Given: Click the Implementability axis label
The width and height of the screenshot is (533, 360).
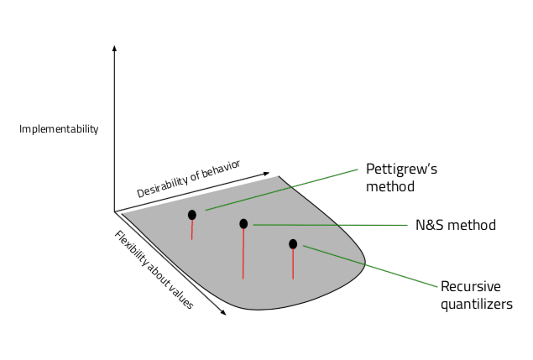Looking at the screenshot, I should coord(59,129).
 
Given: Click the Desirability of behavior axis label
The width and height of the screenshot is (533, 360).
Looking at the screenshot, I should coord(188,178).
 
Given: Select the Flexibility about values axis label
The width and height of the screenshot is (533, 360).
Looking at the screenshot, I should coord(154,269).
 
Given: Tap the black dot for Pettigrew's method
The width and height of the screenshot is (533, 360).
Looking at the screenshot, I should coord(192,215).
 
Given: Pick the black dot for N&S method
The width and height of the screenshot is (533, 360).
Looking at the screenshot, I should coord(243,224).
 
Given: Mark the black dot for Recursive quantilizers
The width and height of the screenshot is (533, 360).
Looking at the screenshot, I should coord(293,244).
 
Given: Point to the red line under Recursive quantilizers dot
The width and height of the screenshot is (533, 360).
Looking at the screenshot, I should coord(293,264).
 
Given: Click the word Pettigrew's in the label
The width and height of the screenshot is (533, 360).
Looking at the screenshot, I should coord(401,169).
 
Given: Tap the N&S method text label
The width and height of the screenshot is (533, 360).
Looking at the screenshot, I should coord(456,225).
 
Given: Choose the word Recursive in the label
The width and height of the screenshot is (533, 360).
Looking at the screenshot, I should coord(469,287).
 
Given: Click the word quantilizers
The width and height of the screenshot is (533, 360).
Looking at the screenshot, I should coord(476,304).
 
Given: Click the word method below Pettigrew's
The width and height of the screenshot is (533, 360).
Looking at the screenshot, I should coord(389,186).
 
